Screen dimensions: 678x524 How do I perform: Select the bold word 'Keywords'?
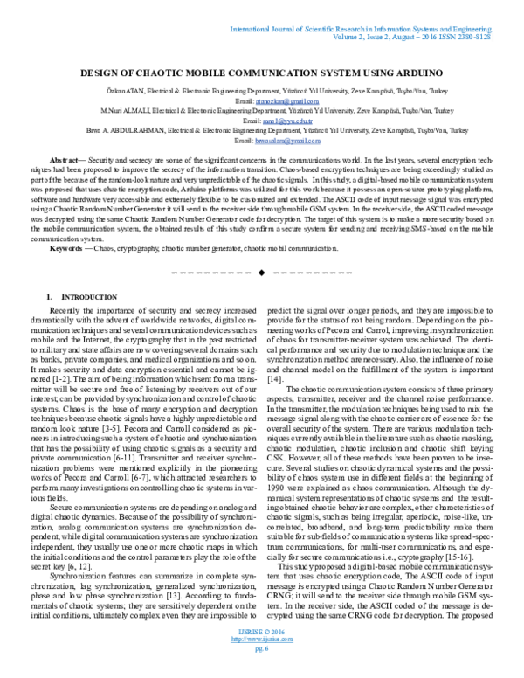tap(68, 248)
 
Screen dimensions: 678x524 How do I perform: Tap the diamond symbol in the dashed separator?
tap(261, 273)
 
